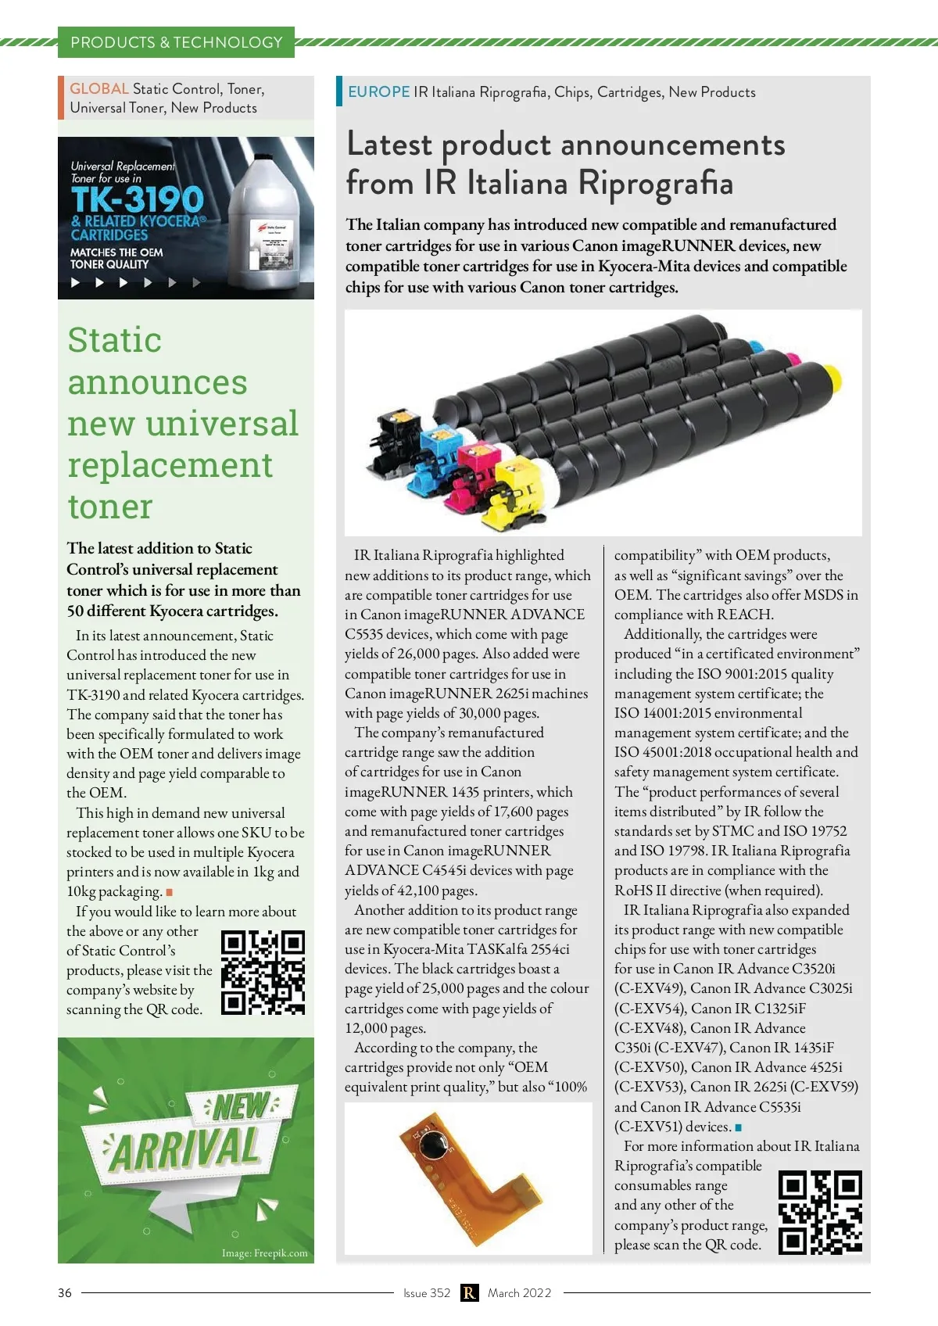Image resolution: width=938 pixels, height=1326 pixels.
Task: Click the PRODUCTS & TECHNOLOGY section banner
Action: (176, 42)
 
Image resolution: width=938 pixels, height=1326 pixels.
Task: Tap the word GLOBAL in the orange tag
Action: (99, 89)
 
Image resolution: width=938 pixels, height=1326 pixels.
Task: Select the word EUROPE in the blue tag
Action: (379, 92)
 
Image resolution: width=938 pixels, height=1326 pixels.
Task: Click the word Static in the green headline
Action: (115, 341)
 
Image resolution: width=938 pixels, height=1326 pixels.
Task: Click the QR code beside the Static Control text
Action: (263, 973)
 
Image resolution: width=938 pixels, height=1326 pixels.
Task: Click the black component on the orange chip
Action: (431, 1146)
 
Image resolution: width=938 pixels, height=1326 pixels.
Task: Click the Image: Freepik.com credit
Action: (264, 1253)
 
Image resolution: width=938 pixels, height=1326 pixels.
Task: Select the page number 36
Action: (65, 1293)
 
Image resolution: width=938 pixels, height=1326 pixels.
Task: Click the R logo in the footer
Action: (469, 1293)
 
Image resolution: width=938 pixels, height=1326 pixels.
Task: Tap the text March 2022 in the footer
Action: (520, 1293)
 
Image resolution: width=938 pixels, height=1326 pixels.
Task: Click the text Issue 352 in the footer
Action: (427, 1293)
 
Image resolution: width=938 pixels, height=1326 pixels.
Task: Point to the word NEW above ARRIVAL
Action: (241, 1106)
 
